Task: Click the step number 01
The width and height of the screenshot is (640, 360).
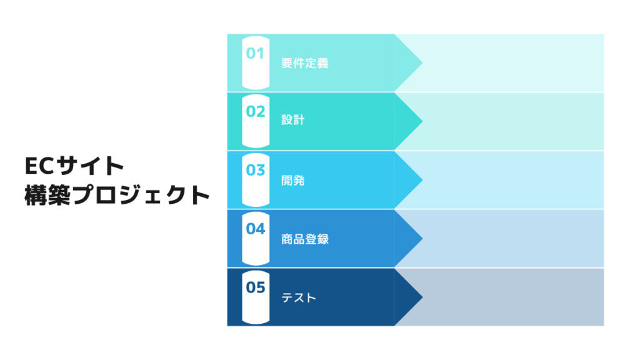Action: (x=255, y=54)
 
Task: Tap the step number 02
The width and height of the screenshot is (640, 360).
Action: (x=255, y=112)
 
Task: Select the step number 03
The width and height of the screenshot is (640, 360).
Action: (x=255, y=170)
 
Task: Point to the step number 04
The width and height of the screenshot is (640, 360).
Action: (x=255, y=229)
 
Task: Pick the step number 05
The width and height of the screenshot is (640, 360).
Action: (x=255, y=287)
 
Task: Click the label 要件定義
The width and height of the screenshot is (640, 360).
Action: (x=304, y=63)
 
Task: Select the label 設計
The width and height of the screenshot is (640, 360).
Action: (x=292, y=120)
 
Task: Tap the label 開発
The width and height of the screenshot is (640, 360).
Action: (x=292, y=181)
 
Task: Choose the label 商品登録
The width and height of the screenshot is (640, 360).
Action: (x=304, y=239)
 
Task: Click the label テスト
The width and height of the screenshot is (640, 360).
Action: (x=299, y=297)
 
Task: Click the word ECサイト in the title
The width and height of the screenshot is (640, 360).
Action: (x=74, y=166)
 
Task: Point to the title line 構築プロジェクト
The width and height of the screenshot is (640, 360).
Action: (x=116, y=195)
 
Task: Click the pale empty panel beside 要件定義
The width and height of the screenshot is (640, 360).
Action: (x=512, y=62)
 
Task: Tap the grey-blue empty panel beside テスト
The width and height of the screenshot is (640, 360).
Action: (x=512, y=297)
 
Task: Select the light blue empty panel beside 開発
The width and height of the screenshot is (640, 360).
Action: (x=512, y=180)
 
